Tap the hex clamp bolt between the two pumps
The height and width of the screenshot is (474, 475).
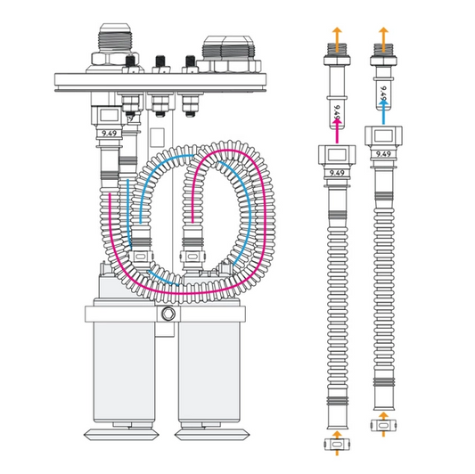tap(166, 318)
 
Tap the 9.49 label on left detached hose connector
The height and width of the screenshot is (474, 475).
tap(337, 172)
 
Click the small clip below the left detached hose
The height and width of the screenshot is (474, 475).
tap(337, 442)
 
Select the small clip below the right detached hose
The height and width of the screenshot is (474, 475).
tap(384, 427)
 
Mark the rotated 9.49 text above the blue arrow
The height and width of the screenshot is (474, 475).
tap(384, 92)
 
